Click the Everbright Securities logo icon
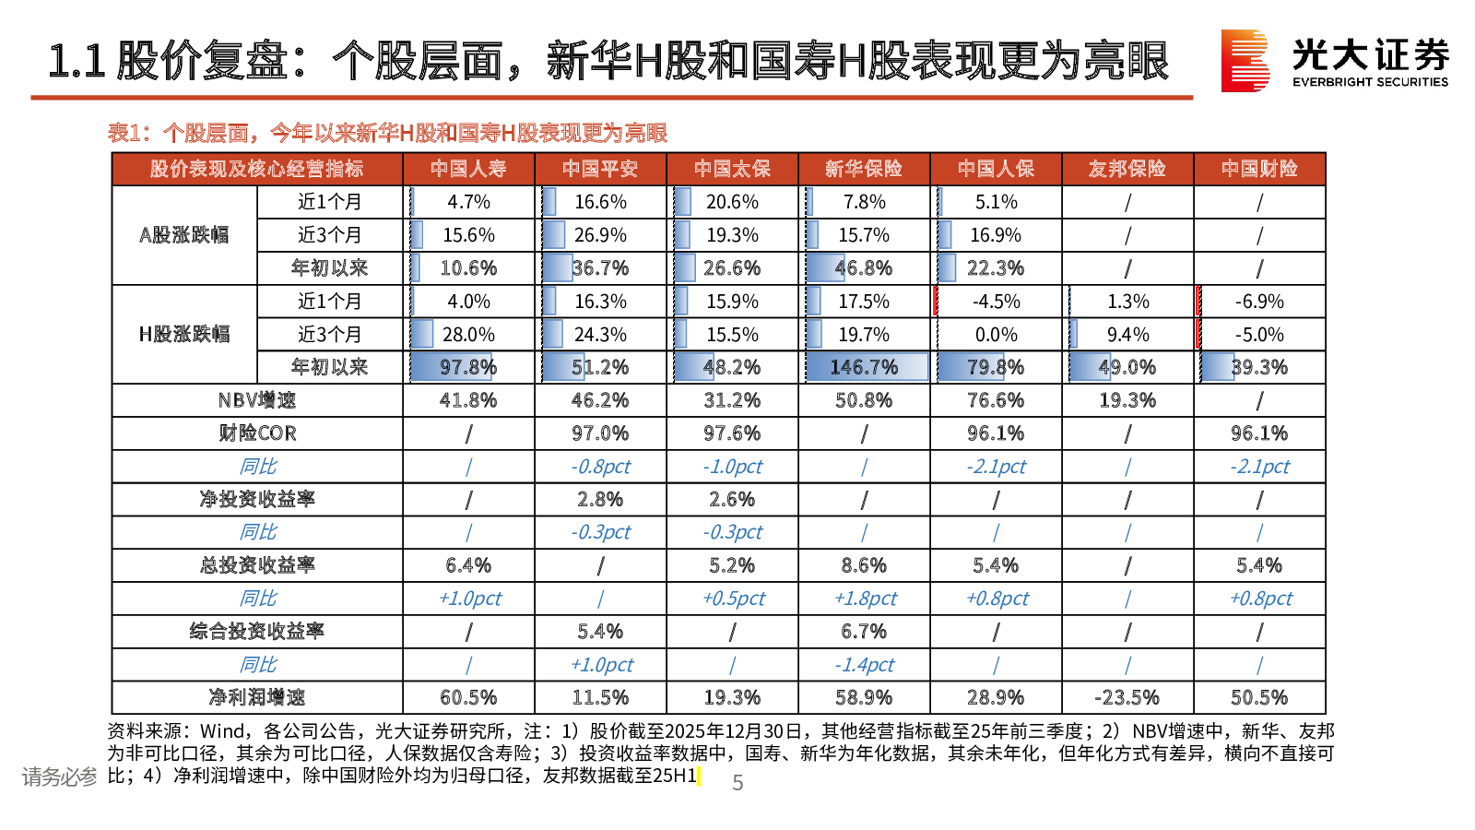(1245, 61)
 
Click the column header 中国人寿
(468, 169)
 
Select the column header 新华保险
(864, 169)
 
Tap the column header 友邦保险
(1127, 169)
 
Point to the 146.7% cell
(864, 367)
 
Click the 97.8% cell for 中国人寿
(468, 367)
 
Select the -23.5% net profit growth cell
(1127, 697)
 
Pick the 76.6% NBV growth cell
(996, 400)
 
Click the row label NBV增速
(257, 400)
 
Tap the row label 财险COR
(257, 433)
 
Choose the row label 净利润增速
(257, 697)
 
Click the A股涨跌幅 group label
(184, 235)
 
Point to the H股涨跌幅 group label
(184, 334)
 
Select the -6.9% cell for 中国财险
(1259, 302)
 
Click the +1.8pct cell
(865, 599)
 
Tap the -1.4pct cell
(865, 665)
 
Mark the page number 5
(737, 783)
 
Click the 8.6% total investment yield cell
(864, 565)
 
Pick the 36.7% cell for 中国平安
(600, 268)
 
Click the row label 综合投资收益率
(257, 632)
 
